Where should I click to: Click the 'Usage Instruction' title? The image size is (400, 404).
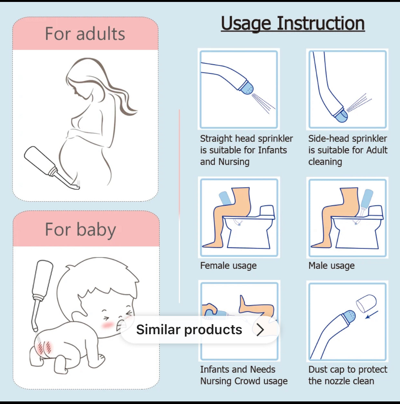click(x=293, y=23)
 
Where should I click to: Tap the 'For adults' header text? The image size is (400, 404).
click(x=85, y=34)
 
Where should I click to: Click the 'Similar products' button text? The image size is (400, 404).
click(x=189, y=330)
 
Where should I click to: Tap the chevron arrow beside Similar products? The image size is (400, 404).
click(x=261, y=330)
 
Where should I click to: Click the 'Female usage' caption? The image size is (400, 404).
click(x=228, y=266)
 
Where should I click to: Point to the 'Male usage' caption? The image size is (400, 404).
click(x=331, y=266)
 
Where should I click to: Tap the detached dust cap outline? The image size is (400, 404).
click(x=366, y=303)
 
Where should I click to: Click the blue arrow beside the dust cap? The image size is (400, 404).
click(x=372, y=315)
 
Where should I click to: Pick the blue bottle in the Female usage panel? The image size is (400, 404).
click(x=225, y=198)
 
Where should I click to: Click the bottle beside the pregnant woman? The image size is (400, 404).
click(x=41, y=161)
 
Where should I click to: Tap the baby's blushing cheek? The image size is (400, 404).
click(x=108, y=325)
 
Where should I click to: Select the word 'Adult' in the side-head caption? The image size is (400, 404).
click(x=377, y=150)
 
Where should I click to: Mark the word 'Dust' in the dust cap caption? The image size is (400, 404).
click(x=318, y=369)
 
